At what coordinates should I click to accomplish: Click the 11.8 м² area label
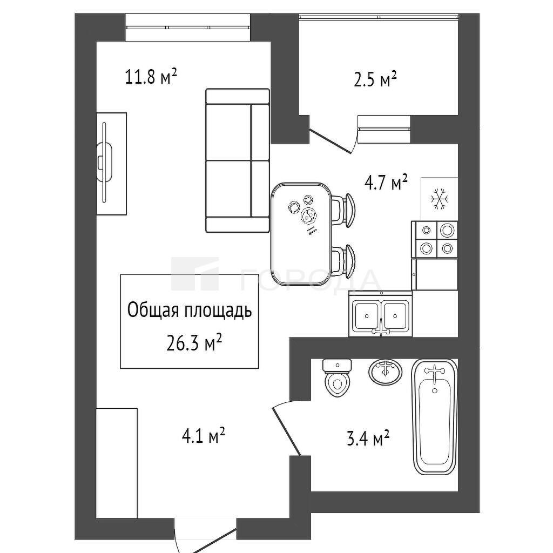[x=151, y=77]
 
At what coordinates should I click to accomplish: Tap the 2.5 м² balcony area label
[x=375, y=79]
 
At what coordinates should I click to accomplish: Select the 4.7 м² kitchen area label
[x=386, y=183]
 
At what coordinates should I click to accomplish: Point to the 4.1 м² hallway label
[x=203, y=436]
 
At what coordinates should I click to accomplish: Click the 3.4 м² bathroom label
[x=368, y=439]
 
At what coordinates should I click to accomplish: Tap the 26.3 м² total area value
[x=194, y=343]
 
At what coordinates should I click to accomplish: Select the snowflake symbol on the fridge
[x=440, y=198]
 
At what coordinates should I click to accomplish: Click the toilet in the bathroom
[x=338, y=377]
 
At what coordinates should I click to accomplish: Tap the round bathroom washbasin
[x=386, y=373]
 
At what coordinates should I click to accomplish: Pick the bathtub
[x=435, y=417]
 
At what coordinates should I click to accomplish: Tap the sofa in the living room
[x=238, y=160]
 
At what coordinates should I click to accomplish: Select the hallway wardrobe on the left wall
[x=117, y=463]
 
